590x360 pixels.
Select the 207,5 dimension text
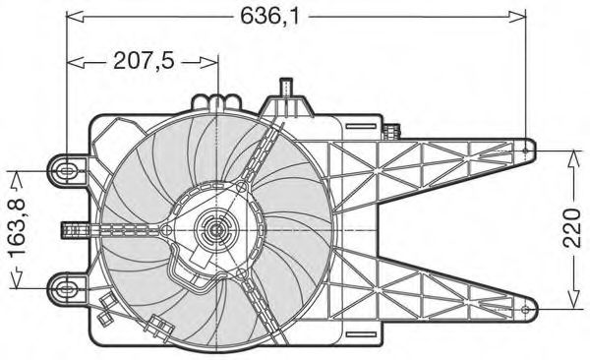(143, 61)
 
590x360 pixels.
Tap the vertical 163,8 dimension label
(18, 229)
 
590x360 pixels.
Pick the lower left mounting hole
(65, 287)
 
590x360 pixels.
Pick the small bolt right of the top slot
(394, 130)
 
